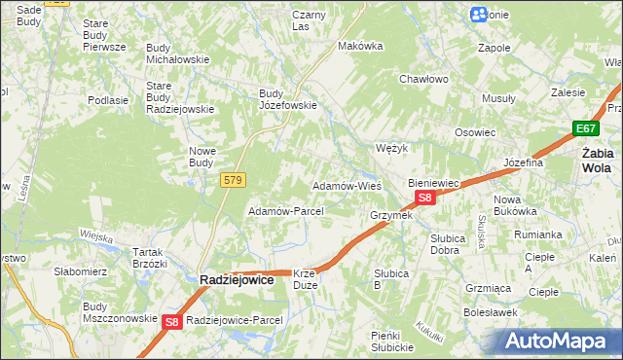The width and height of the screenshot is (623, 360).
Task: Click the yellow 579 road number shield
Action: [232, 180]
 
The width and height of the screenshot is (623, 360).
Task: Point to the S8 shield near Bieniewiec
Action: [424, 198]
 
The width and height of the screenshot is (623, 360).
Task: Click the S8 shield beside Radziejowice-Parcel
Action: [172, 321]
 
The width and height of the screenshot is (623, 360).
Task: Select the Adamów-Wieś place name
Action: [346, 185]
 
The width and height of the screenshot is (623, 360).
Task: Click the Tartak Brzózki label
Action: [150, 257]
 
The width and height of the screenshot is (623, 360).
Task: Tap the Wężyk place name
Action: [390, 148]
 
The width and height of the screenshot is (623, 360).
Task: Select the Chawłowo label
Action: [422, 80]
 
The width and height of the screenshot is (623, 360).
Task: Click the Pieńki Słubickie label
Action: [393, 341]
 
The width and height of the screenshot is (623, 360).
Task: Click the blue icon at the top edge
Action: [478, 15]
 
